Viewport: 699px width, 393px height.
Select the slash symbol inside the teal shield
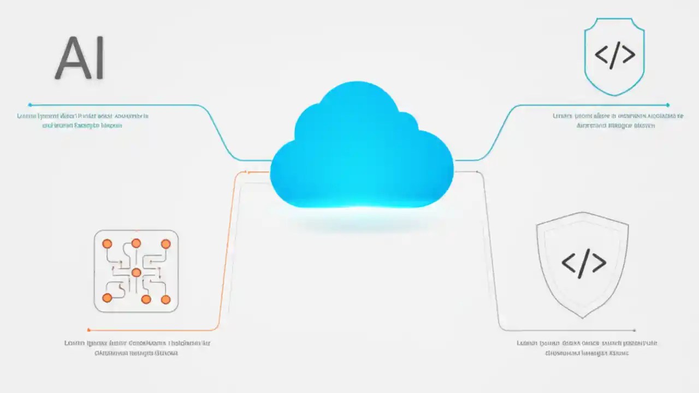click(x=614, y=56)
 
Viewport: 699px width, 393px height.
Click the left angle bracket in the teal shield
click(x=601, y=56)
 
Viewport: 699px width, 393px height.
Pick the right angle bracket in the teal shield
click(x=628, y=56)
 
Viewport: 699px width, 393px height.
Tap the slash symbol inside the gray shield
click(x=584, y=264)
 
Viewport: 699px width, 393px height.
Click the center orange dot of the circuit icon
click(x=136, y=272)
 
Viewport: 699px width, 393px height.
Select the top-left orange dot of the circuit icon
click(x=107, y=243)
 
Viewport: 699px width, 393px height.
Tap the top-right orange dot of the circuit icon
click(x=165, y=243)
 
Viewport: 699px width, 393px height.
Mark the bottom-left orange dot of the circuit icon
click(x=107, y=297)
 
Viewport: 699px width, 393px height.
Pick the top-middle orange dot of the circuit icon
click(x=136, y=243)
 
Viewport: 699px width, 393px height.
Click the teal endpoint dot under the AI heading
click(x=30, y=104)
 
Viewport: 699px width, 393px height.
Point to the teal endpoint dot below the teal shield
click(x=667, y=105)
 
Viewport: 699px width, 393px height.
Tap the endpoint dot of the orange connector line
click(x=89, y=330)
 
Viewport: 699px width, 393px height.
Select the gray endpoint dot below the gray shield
click(x=634, y=330)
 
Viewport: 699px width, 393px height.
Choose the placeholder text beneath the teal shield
click(x=617, y=120)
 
